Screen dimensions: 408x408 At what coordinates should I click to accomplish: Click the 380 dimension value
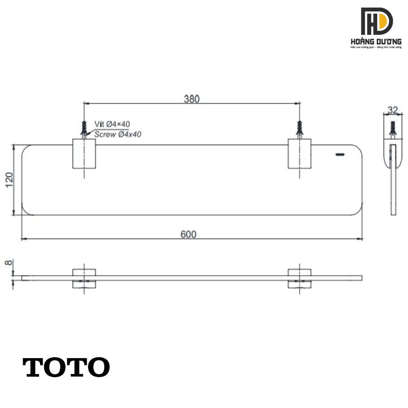(x=192, y=99)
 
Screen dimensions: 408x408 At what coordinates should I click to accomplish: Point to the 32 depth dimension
(x=393, y=110)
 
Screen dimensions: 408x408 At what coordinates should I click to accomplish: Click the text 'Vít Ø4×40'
(x=112, y=124)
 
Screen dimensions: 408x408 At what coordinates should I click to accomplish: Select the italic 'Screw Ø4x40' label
(x=118, y=134)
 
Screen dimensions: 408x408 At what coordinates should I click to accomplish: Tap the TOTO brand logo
(x=66, y=368)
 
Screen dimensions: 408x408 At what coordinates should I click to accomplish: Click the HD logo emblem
(x=376, y=21)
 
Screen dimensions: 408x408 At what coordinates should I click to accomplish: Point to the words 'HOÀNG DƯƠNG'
(x=376, y=41)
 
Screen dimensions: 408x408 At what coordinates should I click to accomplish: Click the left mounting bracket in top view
(x=84, y=154)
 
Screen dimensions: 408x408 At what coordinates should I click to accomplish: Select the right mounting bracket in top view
(x=299, y=154)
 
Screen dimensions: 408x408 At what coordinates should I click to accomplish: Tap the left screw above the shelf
(x=84, y=128)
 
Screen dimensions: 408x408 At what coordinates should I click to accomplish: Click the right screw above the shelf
(x=299, y=128)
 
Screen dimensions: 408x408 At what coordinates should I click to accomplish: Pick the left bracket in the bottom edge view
(x=84, y=278)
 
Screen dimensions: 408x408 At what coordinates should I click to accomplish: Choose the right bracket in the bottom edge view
(x=299, y=278)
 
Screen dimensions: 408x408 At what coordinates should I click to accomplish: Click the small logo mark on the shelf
(x=340, y=155)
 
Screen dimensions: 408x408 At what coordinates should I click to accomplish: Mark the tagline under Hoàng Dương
(x=376, y=47)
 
